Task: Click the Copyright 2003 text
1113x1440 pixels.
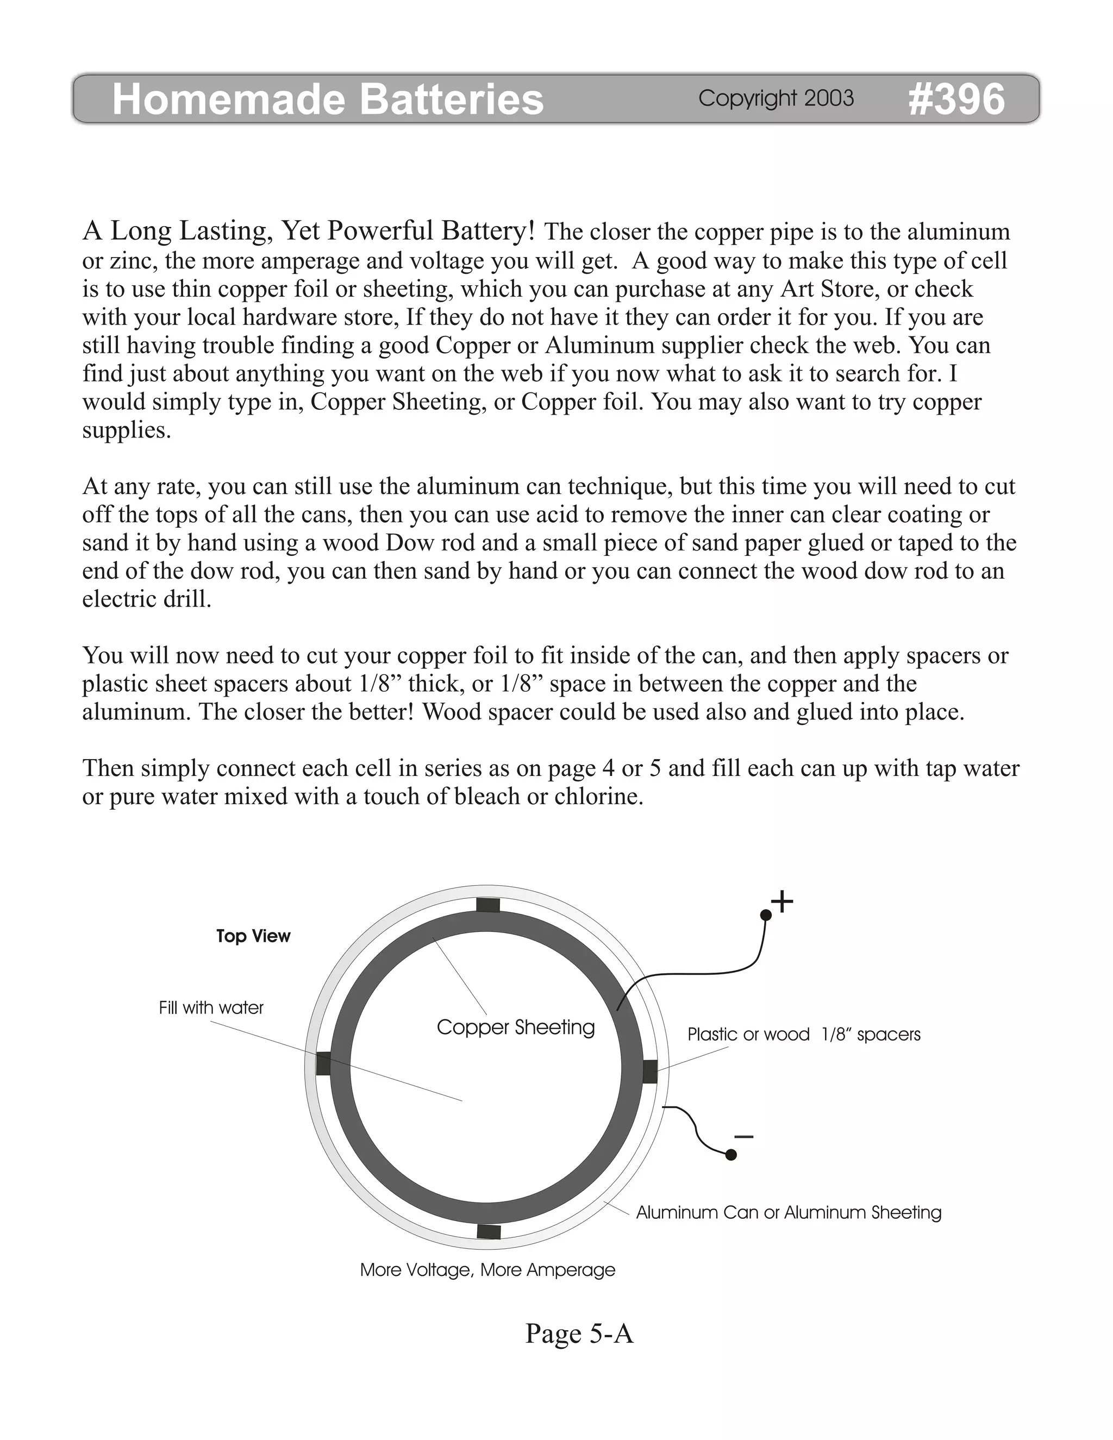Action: point(776,98)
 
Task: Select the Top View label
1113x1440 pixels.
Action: point(253,936)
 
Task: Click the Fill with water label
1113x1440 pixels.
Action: point(211,1007)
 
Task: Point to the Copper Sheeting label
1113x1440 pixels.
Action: point(516,1027)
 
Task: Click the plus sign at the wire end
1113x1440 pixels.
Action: point(782,901)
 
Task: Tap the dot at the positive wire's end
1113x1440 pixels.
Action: point(766,915)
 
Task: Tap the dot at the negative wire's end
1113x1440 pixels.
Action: point(730,1155)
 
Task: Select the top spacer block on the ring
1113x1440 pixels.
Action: point(488,905)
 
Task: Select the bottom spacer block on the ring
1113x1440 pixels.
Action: point(489,1232)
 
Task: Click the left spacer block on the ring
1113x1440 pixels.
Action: point(323,1063)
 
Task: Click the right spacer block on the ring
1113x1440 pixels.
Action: point(649,1072)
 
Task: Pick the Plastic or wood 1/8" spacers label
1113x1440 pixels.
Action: point(803,1035)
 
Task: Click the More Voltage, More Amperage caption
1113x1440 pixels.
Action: point(487,1270)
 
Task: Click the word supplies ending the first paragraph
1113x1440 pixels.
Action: point(126,430)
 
